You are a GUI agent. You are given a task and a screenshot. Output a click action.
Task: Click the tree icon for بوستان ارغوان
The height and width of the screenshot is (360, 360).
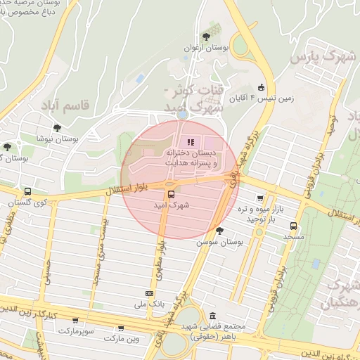[205, 37]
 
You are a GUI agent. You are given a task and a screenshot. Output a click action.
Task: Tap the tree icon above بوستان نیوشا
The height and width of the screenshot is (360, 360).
[57, 128]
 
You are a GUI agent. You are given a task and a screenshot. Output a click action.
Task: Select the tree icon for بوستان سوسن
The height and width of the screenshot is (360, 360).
[219, 230]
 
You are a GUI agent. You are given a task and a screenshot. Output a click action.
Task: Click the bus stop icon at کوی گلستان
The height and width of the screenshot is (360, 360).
[27, 191]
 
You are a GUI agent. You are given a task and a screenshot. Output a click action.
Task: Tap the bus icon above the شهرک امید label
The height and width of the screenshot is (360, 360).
[169, 194]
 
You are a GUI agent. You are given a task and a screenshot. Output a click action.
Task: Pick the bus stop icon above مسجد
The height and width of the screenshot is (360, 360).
[293, 226]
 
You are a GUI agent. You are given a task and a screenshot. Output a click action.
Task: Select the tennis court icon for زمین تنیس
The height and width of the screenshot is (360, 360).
[262, 88]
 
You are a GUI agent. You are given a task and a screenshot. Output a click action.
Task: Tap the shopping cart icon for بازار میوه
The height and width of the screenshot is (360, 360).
[261, 199]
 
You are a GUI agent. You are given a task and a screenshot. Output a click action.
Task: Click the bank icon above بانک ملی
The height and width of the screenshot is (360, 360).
[149, 293]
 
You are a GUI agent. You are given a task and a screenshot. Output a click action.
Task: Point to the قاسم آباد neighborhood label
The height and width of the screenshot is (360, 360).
[85, 106]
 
